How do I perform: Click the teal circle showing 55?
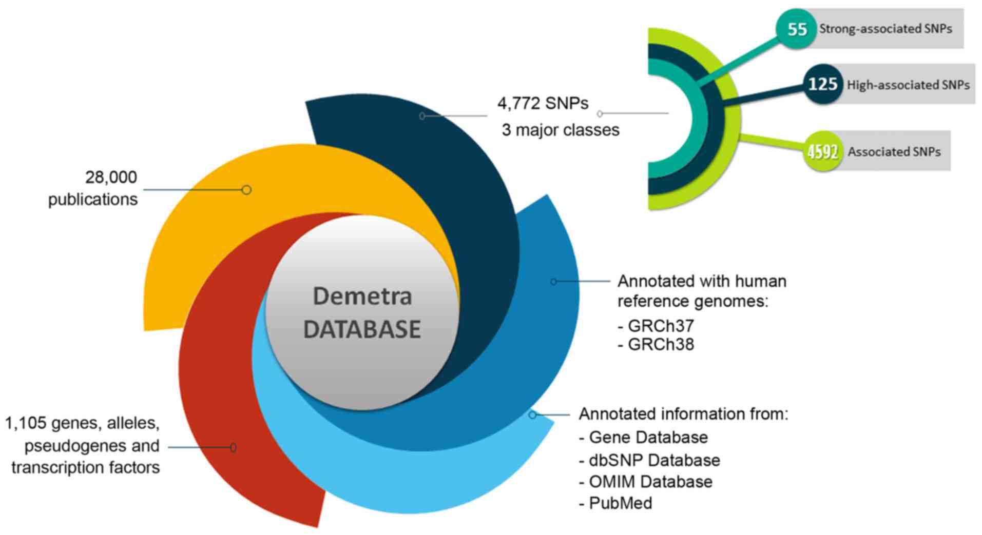(796, 29)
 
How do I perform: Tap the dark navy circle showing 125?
(822, 84)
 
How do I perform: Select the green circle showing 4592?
(823, 151)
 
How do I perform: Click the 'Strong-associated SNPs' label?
(885, 29)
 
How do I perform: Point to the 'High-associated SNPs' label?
(908, 85)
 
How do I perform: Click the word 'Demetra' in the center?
(362, 296)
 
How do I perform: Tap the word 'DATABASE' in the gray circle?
(362, 329)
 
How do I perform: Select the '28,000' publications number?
(111, 177)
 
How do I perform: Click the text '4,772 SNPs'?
(543, 104)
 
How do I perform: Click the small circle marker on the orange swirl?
(246, 190)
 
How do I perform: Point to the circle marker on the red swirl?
(233, 447)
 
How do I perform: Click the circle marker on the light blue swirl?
(532, 414)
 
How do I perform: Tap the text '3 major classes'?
(561, 130)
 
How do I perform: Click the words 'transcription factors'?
(85, 468)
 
